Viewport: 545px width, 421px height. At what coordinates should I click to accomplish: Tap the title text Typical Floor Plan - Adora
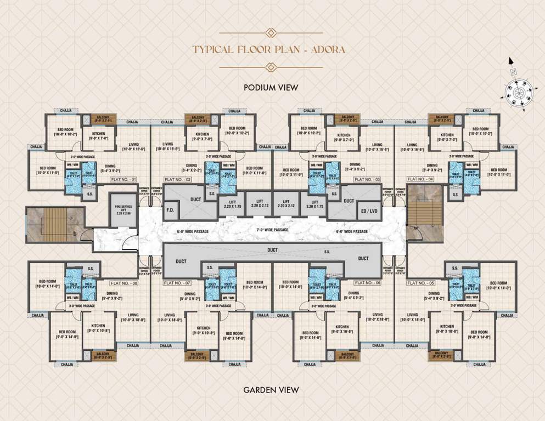pos(269,49)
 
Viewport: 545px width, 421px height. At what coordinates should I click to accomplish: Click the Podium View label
pos(271,87)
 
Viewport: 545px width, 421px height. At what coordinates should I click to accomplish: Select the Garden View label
pos(271,390)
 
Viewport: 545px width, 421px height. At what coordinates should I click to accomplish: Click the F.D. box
pos(170,210)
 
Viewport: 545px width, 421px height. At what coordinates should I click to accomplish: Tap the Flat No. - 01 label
pos(122,179)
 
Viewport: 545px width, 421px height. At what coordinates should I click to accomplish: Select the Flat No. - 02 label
pos(177,179)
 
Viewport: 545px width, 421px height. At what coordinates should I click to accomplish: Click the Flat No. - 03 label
pos(367,179)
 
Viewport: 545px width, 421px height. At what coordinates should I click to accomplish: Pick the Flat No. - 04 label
pos(420,179)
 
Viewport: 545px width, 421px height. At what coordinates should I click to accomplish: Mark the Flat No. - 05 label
pos(420,283)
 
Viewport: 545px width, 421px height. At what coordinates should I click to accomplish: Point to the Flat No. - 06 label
pos(367,283)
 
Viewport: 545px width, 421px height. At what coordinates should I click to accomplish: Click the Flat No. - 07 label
pos(177,283)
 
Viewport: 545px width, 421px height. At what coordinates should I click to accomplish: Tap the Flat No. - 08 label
pos(122,283)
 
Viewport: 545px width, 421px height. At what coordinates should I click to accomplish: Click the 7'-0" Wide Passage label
pos(273,230)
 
